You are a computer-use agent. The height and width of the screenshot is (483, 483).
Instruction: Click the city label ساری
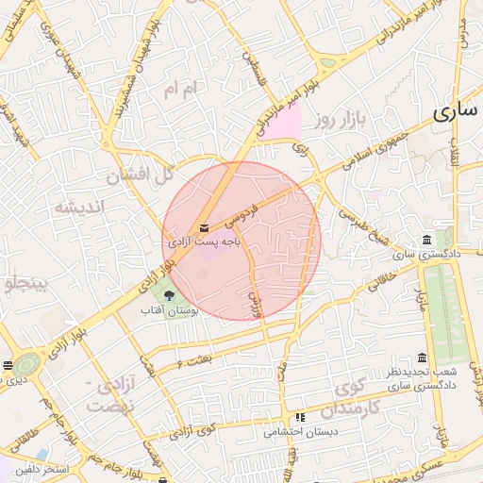pos(458,112)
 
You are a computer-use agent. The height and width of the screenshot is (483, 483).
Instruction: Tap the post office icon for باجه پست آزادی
pos(205,227)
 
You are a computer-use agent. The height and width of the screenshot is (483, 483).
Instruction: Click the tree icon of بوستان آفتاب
pos(169,296)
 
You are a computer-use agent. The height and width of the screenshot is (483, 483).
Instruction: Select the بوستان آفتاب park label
pos(168,310)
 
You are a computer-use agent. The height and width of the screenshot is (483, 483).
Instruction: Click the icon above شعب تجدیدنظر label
pos(421,358)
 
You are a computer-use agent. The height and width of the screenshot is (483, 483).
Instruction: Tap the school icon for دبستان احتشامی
pos(300,417)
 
